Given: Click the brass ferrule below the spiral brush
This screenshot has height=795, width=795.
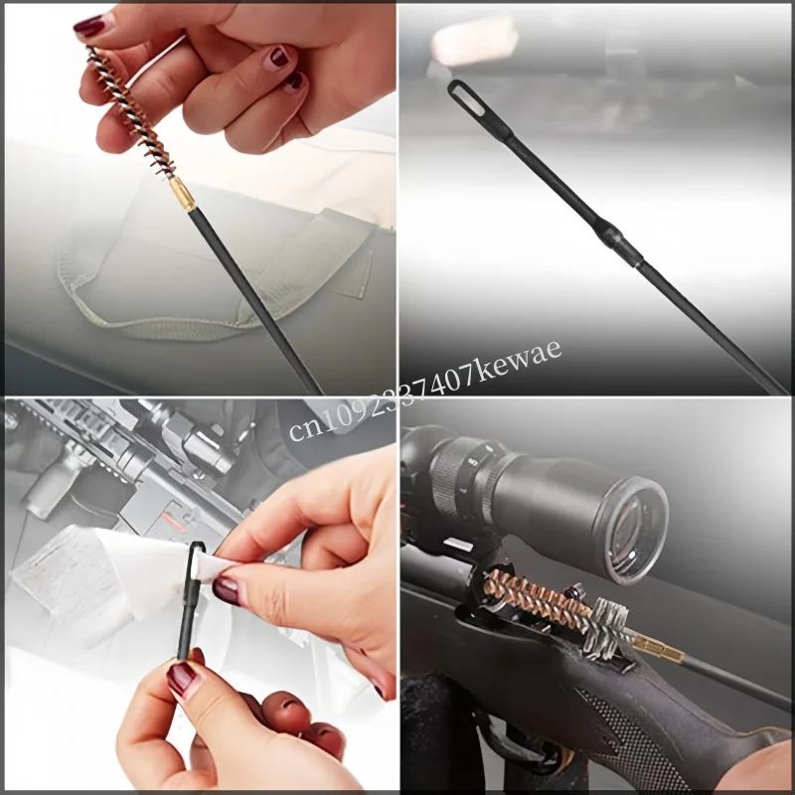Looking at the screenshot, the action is pyautogui.click(x=182, y=194).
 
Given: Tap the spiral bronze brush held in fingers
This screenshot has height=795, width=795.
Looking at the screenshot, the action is pyautogui.click(x=131, y=112).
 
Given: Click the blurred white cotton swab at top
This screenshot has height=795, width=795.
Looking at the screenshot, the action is pyautogui.click(x=474, y=40).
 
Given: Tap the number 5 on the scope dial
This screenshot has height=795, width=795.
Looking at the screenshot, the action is pyautogui.click(x=473, y=462).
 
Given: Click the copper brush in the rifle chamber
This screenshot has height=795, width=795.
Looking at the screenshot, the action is pyautogui.click(x=537, y=598).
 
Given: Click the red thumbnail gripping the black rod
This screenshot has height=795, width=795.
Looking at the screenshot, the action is pyautogui.click(x=181, y=680).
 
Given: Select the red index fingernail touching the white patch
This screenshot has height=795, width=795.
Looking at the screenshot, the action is pyautogui.click(x=228, y=591).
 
